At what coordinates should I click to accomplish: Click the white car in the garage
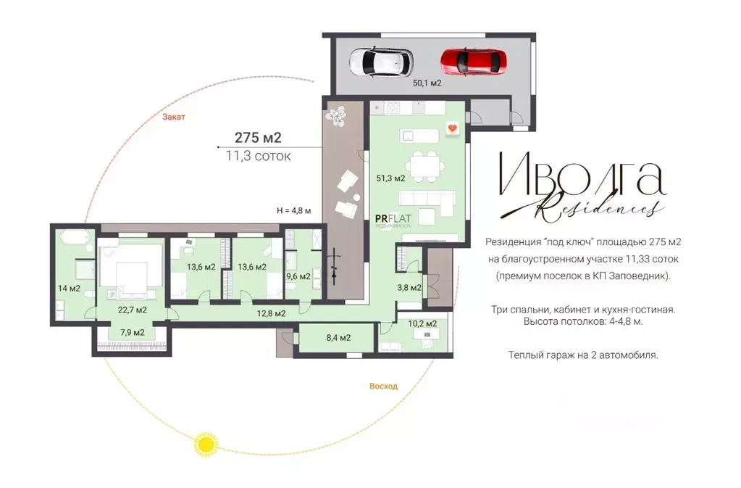(381, 62)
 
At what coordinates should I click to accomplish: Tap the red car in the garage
(474, 62)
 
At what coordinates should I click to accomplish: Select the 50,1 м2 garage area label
(427, 83)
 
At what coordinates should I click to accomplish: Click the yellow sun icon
(206, 444)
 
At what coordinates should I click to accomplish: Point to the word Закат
(174, 117)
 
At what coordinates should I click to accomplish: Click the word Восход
(383, 386)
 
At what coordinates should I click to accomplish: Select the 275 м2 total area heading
(258, 138)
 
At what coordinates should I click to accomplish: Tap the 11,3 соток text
(258, 156)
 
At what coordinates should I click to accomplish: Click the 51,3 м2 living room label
(391, 178)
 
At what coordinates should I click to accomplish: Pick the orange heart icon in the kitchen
(453, 128)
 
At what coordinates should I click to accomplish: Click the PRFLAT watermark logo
(393, 220)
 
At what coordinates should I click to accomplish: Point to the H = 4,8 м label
(294, 211)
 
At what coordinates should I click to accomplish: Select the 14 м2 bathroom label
(69, 289)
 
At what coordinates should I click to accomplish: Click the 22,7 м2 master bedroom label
(133, 310)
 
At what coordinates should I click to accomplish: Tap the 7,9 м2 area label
(133, 332)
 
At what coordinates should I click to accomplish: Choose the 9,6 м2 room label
(298, 276)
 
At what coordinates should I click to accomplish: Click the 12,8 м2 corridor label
(271, 313)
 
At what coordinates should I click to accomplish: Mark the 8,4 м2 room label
(338, 338)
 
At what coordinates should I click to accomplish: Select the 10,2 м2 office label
(422, 324)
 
